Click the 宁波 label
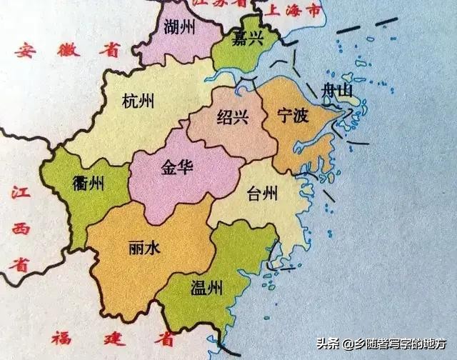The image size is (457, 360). pos(292,115)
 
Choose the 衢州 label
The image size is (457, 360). pos(89,184)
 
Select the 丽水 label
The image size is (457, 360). pos(144,247)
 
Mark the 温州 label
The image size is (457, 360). pos(206,289)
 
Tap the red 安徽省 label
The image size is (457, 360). pos(68,51)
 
